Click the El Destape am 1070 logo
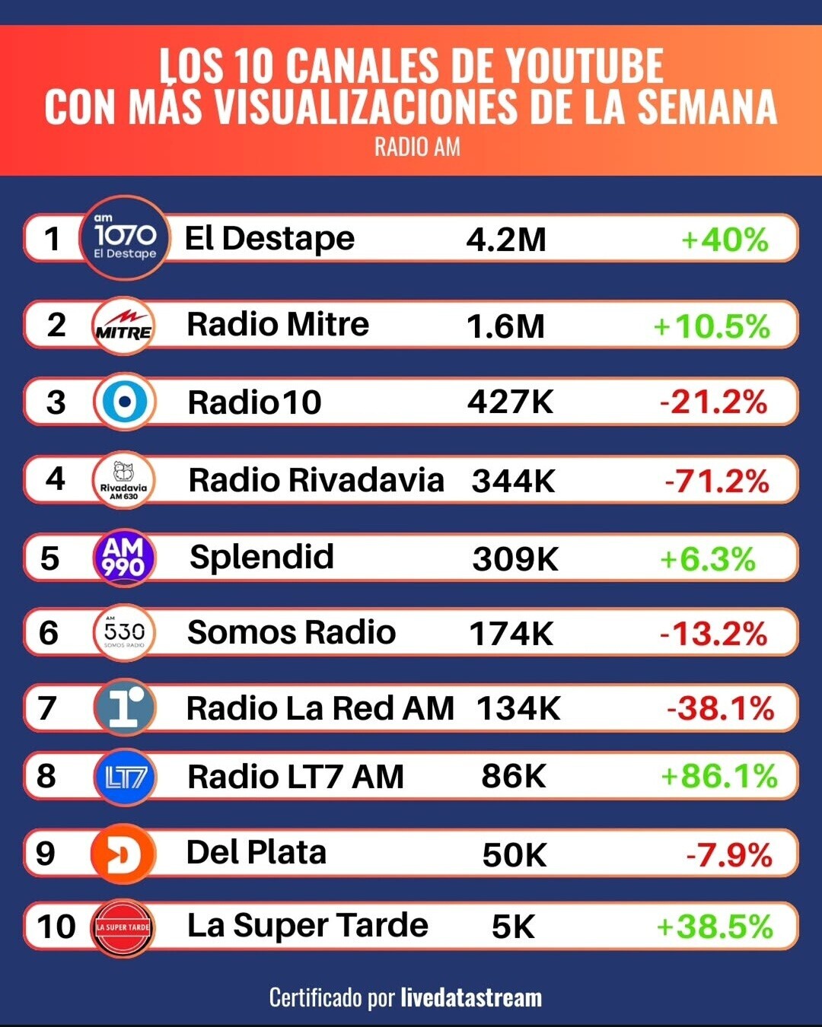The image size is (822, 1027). click(x=124, y=238)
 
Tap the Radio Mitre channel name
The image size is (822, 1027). click(x=278, y=325)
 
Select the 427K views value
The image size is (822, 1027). click(x=510, y=402)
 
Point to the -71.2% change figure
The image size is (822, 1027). click(x=716, y=481)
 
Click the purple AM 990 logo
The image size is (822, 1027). click(x=124, y=558)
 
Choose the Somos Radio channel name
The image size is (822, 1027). click(x=292, y=632)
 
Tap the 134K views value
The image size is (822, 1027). click(x=518, y=709)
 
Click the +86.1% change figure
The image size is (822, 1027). click(x=718, y=777)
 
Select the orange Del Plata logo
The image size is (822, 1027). click(x=123, y=854)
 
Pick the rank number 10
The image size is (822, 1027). click(x=56, y=927)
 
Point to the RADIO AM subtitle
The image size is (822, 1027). click(x=417, y=147)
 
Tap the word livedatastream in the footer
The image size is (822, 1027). click(x=471, y=997)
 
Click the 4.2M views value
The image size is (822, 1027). click(x=506, y=240)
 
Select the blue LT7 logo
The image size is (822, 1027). click(x=125, y=777)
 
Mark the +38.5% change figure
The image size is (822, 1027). click(x=714, y=927)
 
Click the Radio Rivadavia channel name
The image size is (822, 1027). click(x=316, y=481)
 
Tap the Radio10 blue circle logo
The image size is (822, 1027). click(x=125, y=402)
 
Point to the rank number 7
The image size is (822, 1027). click(x=47, y=708)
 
